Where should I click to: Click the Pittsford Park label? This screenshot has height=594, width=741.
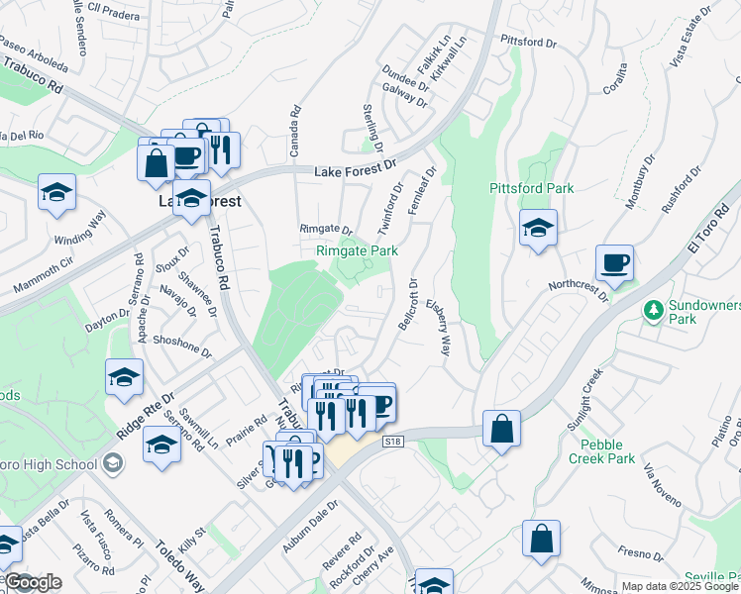[531, 188]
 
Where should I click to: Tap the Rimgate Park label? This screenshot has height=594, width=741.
[357, 251]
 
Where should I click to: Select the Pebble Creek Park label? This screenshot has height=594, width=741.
[607, 451]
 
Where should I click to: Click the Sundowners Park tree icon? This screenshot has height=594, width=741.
[653, 311]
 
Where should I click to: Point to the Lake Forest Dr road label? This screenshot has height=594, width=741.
[355, 172]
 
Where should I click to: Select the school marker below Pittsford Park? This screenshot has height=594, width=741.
[538, 230]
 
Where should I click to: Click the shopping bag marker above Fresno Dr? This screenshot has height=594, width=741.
[541, 541]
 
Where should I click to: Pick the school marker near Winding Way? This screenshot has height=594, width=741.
[57, 194]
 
